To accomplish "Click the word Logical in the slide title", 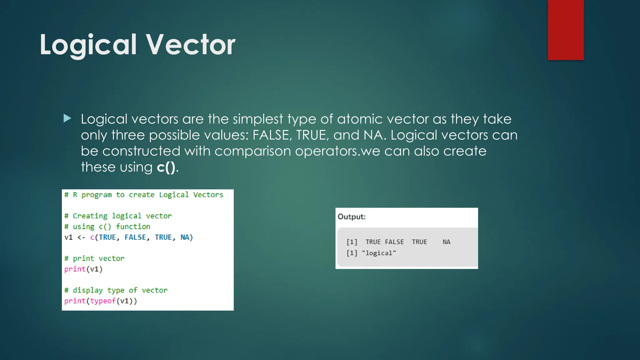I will (88, 45).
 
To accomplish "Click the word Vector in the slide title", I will (191, 45).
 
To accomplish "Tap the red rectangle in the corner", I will (566, 30).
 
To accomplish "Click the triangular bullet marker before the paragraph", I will (67, 118).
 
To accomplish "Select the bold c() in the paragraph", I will (166, 167).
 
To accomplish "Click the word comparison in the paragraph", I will (252, 151).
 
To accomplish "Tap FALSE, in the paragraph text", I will (272, 135).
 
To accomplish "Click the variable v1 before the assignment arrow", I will (68, 237).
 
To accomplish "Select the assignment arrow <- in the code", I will (81, 237).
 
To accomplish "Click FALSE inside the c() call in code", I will (135, 237).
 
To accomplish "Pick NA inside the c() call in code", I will (185, 237).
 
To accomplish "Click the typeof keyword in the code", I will (103, 301).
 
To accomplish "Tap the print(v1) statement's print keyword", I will (75, 269).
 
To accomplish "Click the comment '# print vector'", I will (94, 258).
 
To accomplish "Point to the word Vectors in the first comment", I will (208, 195).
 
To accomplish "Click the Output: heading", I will (352, 217).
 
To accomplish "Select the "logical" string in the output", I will (379, 253).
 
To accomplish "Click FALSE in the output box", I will (394, 242).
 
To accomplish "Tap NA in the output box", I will (446, 242).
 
